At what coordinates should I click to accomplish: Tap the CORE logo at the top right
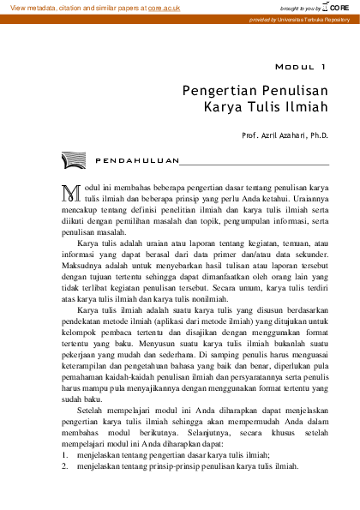341,6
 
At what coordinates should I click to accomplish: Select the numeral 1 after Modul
323,66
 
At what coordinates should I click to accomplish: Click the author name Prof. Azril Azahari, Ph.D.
286,135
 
